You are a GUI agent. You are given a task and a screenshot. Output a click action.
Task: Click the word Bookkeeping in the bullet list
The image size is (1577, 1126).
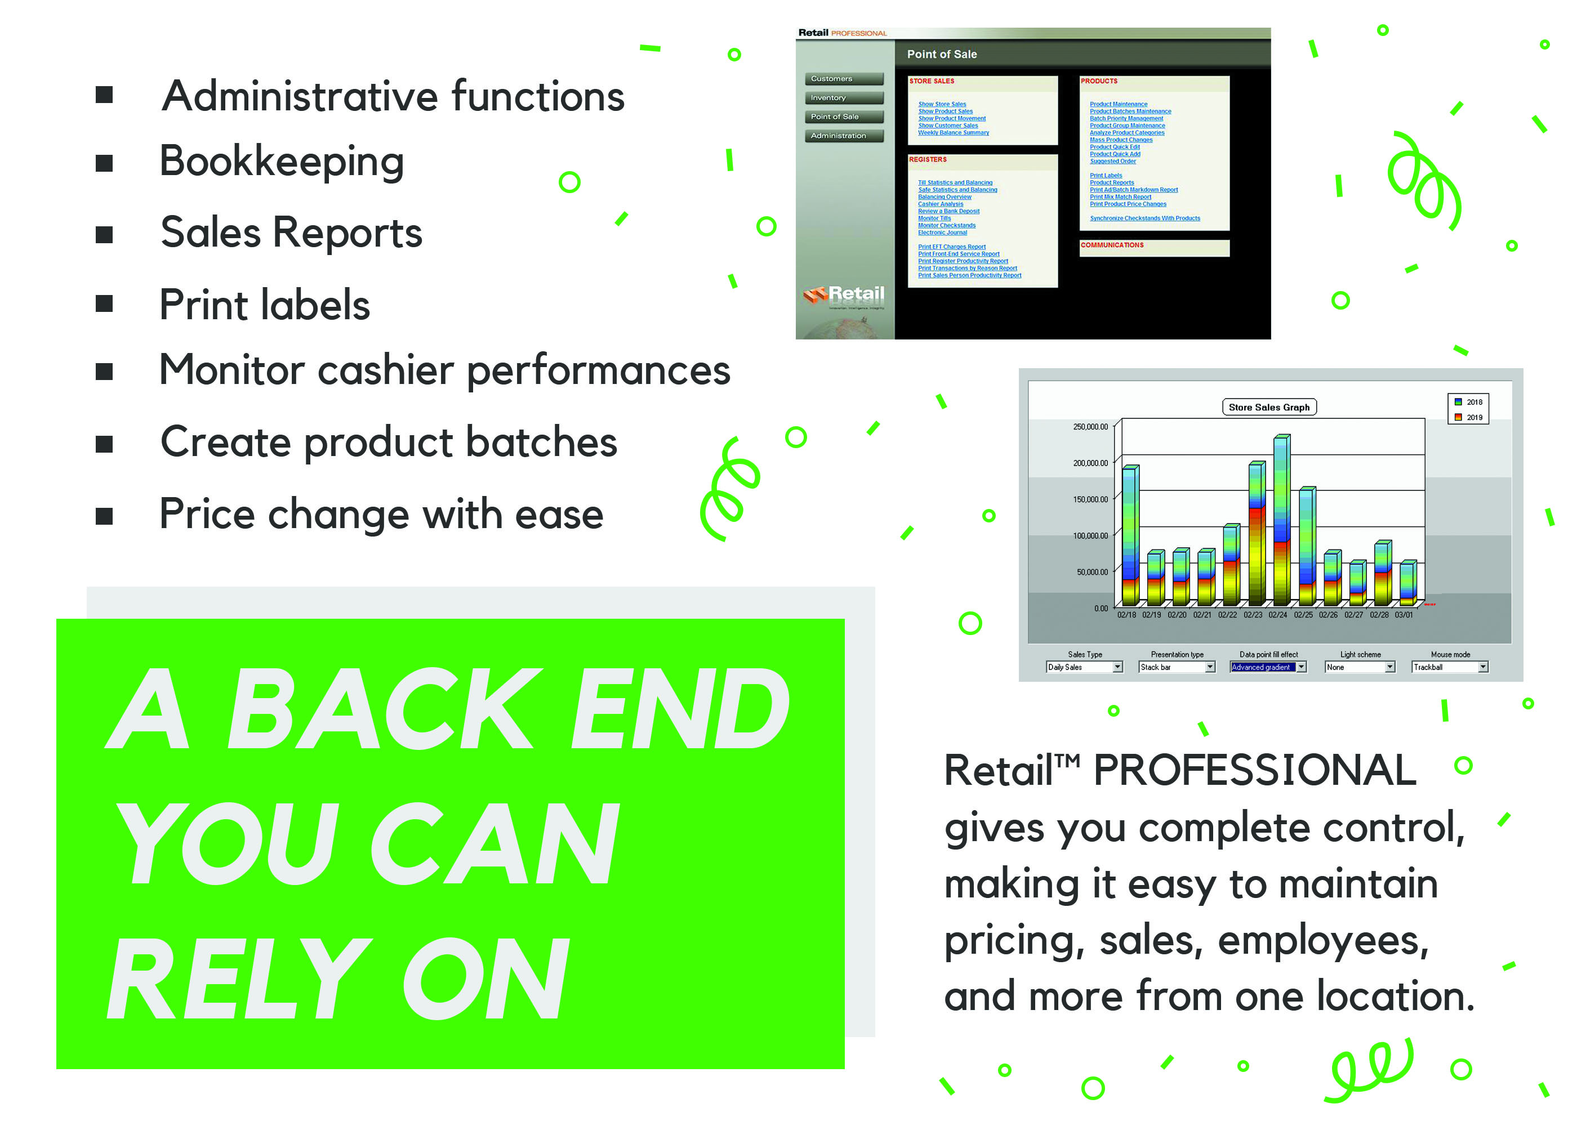coord(281,162)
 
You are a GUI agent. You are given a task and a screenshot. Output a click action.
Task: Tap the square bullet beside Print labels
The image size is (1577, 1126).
coord(104,303)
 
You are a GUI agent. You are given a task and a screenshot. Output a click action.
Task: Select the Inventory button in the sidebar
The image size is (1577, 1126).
coord(843,98)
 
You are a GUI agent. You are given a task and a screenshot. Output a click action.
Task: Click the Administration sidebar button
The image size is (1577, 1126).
coord(843,136)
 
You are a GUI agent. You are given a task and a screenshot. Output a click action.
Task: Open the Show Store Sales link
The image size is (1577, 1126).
coord(941,104)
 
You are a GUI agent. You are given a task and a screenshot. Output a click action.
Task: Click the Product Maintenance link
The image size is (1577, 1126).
coord(1117,104)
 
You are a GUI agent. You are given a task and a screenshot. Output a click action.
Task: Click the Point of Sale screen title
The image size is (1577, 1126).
coord(941,54)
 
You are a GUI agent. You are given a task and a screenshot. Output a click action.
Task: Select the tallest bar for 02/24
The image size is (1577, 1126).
coord(1281,520)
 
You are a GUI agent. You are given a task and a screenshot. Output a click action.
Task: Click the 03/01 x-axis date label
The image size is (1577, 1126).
coord(1403,615)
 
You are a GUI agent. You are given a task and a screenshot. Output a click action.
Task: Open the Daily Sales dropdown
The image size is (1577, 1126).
coord(1083,667)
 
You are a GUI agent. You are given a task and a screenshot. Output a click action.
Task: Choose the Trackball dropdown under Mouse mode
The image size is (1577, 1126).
coord(1449,667)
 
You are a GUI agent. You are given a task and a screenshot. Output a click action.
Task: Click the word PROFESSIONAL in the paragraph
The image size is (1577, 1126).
coord(1254,770)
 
